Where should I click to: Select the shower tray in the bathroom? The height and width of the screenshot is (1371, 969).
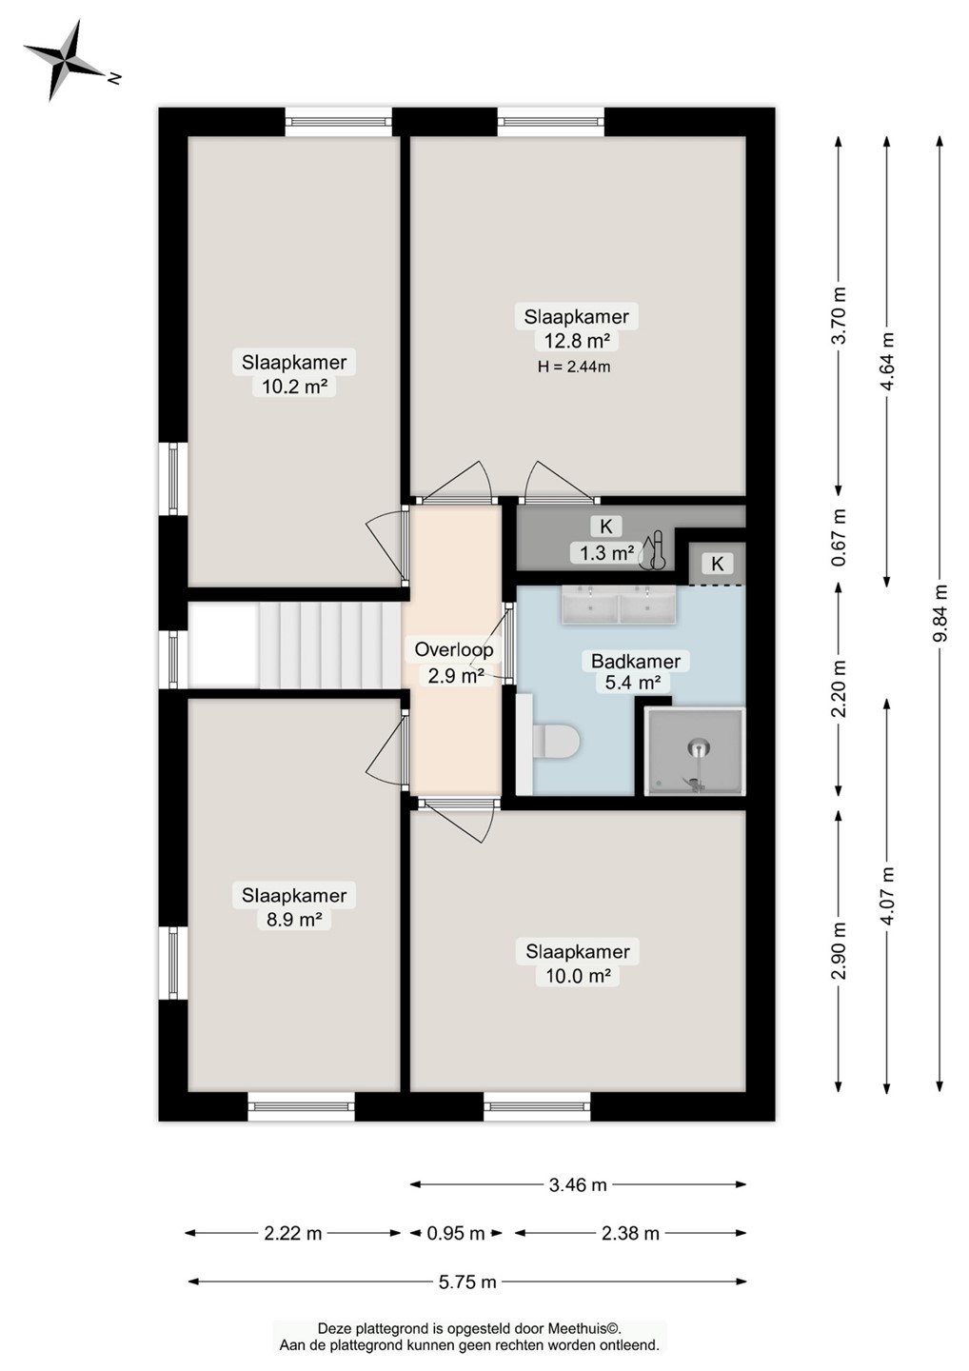pyautogui.click(x=696, y=751)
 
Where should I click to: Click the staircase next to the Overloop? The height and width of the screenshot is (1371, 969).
pyautogui.click(x=329, y=646)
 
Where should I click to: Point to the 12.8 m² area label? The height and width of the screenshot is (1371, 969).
pyautogui.click(x=577, y=340)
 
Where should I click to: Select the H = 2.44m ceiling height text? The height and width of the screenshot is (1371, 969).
pyautogui.click(x=574, y=368)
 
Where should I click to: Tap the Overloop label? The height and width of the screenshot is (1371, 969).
pyautogui.click(x=453, y=648)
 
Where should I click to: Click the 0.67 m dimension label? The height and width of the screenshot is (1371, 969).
pyautogui.click(x=839, y=538)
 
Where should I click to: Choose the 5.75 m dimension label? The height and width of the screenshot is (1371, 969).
pyautogui.click(x=467, y=1282)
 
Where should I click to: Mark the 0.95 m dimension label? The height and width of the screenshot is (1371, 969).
pyautogui.click(x=455, y=1233)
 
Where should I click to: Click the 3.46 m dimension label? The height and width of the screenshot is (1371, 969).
pyautogui.click(x=578, y=1185)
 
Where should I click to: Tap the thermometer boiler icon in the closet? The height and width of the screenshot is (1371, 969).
pyautogui.click(x=652, y=550)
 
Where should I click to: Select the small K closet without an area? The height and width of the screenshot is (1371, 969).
pyautogui.click(x=717, y=563)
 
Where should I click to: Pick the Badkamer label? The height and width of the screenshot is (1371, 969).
pyautogui.click(x=636, y=661)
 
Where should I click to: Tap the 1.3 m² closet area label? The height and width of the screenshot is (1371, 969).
pyautogui.click(x=606, y=552)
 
